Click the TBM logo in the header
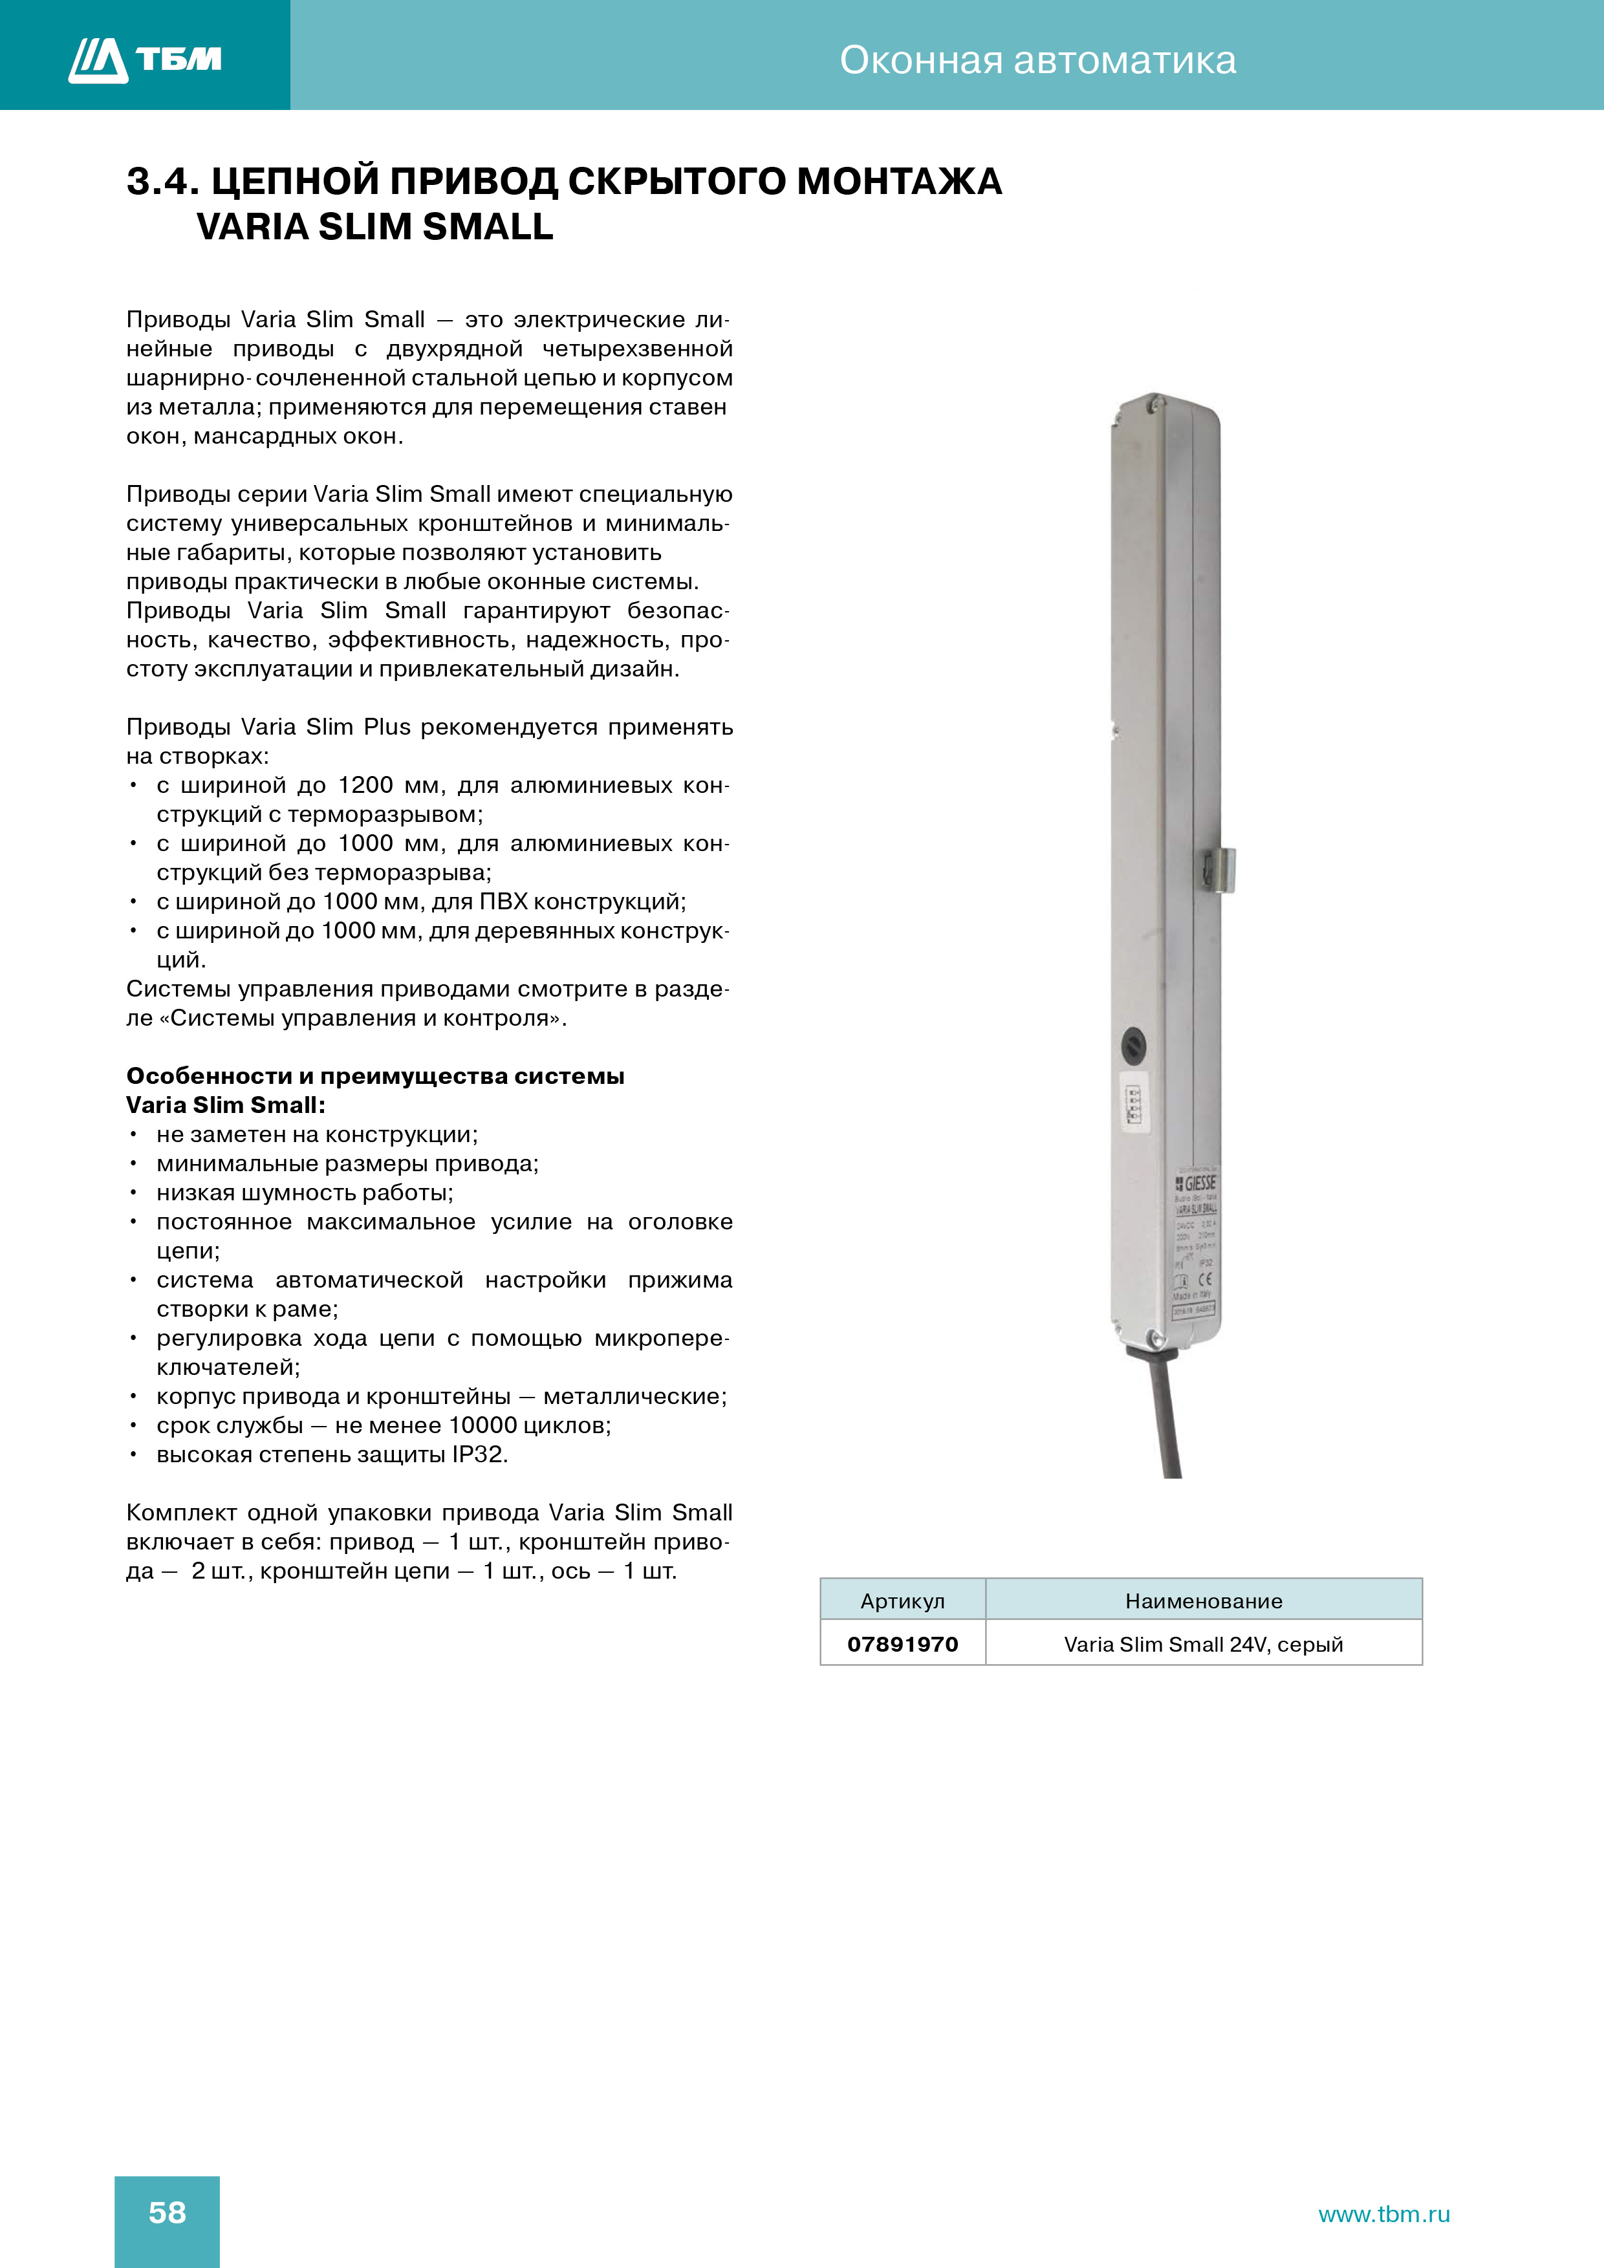tap(145, 59)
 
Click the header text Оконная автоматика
tap(1037, 60)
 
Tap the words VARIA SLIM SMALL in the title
tap(374, 227)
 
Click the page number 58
tap(167, 2212)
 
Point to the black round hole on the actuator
tap(1134, 1045)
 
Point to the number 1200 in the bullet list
tap(365, 785)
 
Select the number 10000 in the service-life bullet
tap(482, 1425)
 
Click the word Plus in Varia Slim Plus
tap(386, 727)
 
